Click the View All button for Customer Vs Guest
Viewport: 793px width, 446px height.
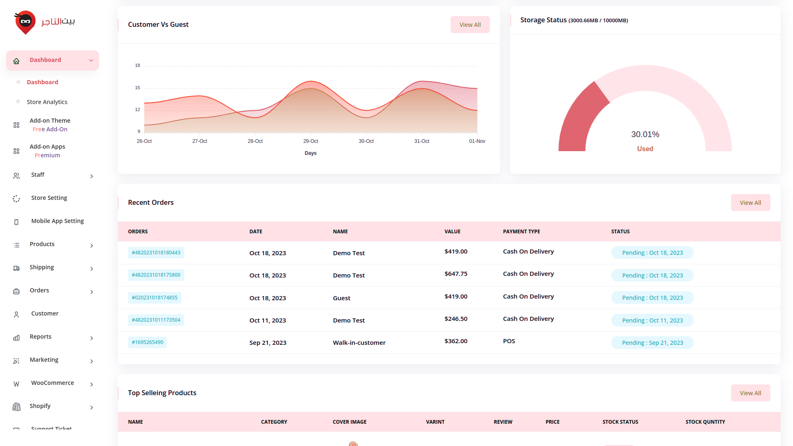[470, 25]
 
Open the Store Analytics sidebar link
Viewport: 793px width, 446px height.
[47, 102]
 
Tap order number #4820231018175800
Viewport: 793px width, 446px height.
[156, 275]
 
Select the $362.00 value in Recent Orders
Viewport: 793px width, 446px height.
[456, 341]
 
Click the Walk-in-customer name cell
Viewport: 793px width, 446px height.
[359, 343]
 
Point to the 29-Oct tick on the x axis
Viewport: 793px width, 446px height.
[311, 141]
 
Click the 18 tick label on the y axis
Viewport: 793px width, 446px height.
[138, 65]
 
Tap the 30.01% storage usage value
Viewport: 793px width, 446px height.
[645, 134]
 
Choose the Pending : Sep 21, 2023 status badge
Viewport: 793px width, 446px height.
[652, 343]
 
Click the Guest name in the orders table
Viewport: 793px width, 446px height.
[342, 298]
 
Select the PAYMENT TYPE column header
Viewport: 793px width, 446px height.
[521, 232]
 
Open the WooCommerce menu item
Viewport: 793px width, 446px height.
[52, 383]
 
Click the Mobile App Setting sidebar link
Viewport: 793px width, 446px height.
[57, 221]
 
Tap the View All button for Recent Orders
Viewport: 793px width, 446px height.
[750, 203]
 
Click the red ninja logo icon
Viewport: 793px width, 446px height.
[25, 22]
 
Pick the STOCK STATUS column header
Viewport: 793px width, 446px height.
[620, 422]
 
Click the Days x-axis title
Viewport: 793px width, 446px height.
[311, 153]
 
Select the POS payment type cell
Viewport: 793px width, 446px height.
[509, 341]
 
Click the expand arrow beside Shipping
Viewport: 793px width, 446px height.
[92, 269]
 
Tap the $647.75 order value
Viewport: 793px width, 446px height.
[456, 274]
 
